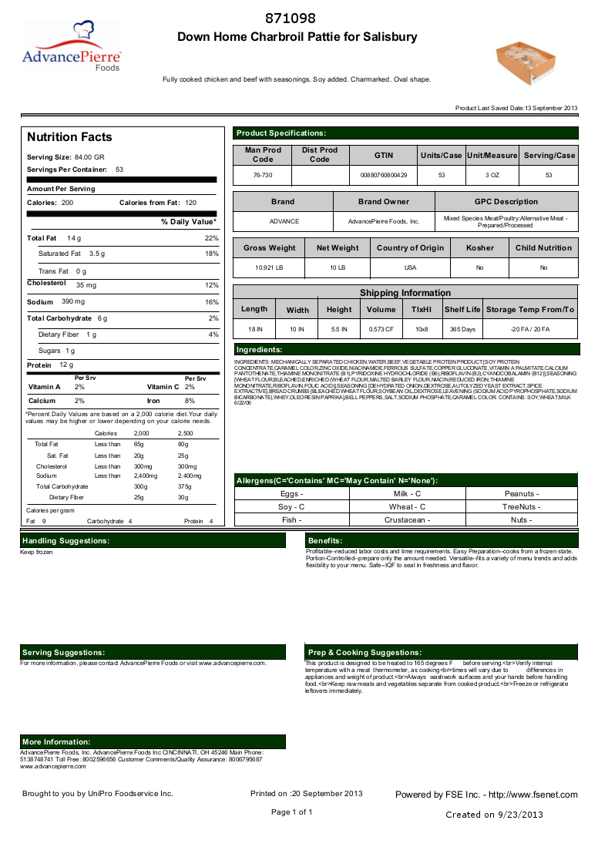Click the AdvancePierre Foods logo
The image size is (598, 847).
(x=71, y=48)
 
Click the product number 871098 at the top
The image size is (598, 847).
(x=290, y=18)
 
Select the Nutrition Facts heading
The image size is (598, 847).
(x=69, y=137)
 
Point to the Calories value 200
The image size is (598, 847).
(x=67, y=203)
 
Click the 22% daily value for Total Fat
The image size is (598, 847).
(x=212, y=238)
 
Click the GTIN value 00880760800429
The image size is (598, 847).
(x=384, y=176)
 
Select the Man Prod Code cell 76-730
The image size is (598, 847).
(x=262, y=176)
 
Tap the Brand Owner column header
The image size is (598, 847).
(x=384, y=202)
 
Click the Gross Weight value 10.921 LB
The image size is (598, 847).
(x=269, y=267)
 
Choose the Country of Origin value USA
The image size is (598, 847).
(x=410, y=267)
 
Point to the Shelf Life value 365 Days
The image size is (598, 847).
(x=462, y=329)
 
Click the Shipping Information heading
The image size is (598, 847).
(x=405, y=293)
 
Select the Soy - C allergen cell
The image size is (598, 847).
(x=291, y=507)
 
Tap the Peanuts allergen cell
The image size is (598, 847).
(x=521, y=493)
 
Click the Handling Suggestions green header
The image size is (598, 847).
(x=66, y=541)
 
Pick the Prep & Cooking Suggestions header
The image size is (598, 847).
(x=365, y=653)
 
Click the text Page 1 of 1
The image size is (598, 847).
(x=291, y=812)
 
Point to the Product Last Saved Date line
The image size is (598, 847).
(x=516, y=109)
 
